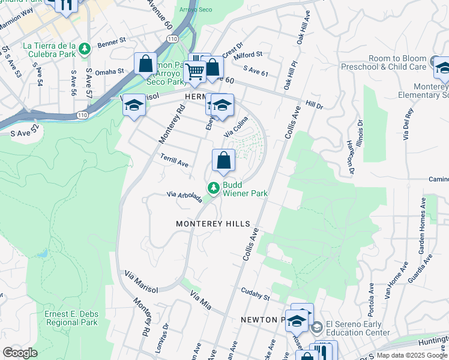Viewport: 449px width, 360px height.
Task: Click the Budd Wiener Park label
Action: (245, 189)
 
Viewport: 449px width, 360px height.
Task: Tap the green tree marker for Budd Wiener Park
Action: (213, 188)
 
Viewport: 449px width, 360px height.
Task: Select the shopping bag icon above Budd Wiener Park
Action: (223, 160)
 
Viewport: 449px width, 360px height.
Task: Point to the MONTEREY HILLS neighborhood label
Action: (212, 223)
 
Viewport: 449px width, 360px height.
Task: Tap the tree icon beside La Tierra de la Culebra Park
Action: (85, 47)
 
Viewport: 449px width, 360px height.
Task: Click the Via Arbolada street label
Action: (185, 197)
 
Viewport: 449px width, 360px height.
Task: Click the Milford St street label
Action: (249, 55)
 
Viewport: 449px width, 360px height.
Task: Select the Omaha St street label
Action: (109, 71)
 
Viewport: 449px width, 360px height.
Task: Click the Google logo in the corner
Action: (20, 353)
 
